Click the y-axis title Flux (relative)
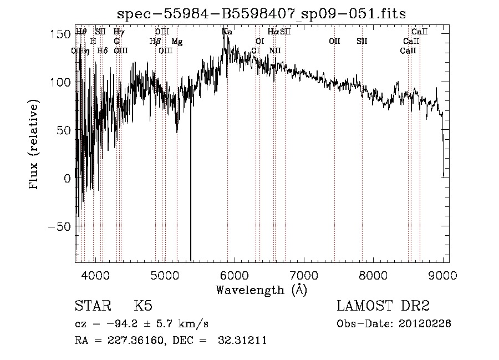click(34, 145)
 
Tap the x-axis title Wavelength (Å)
click(261, 290)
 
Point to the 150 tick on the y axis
click(64, 34)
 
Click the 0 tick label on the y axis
click(67, 179)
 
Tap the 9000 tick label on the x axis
click(443, 275)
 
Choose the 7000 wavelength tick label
click(304, 275)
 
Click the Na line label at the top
click(227, 32)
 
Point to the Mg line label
click(177, 42)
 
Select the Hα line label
click(273, 32)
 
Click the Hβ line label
click(155, 42)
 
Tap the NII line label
click(275, 50)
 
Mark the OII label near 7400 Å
click(334, 42)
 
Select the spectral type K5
click(143, 306)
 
